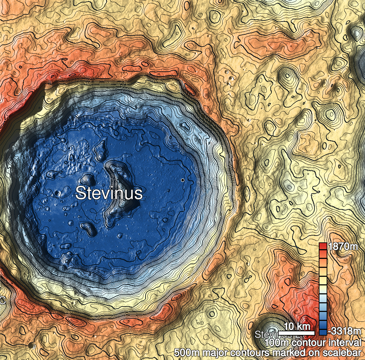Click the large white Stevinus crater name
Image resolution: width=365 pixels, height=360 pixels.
pyautogui.click(x=109, y=193)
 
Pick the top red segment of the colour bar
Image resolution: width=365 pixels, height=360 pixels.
pyautogui.click(x=323, y=246)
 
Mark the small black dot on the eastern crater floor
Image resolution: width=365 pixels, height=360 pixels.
pyautogui.click(x=182, y=180)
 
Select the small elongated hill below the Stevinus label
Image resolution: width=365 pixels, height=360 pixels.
pyautogui.click(x=88, y=227)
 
